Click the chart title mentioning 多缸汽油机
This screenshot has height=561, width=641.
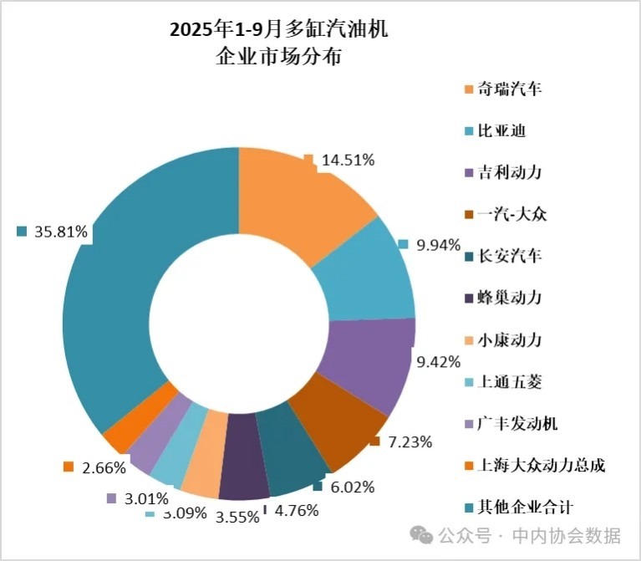[278, 43]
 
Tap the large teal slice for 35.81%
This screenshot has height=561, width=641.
[125, 276]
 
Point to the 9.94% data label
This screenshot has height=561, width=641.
[437, 245]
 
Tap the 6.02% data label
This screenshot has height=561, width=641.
[352, 487]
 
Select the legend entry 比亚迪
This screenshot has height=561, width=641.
[501, 130]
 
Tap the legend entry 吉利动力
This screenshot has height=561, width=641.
[508, 172]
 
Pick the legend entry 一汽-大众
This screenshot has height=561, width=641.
[511, 214]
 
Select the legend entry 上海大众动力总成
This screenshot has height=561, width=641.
[539, 465]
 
